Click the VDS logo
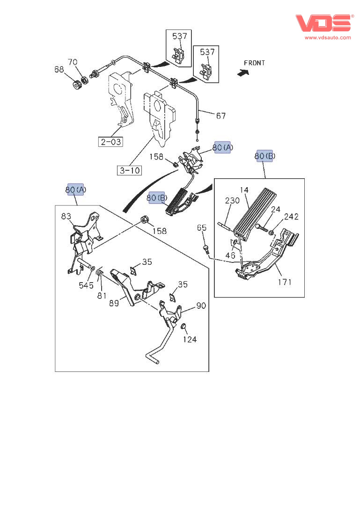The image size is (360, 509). (324, 23)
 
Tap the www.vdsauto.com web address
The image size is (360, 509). (328, 37)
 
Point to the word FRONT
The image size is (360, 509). (254, 63)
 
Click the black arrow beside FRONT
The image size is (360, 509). (243, 72)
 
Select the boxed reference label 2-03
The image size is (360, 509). (111, 142)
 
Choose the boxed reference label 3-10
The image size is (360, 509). (129, 170)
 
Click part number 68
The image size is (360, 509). (59, 69)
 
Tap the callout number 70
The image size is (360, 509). (73, 62)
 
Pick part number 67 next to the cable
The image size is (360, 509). (221, 116)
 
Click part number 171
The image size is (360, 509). (285, 282)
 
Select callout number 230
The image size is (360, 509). (232, 201)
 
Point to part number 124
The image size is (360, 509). (190, 340)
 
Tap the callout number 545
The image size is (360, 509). (86, 285)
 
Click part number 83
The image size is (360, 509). (66, 216)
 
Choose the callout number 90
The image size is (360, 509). (201, 306)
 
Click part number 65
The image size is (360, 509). (202, 228)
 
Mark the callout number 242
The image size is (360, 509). (291, 217)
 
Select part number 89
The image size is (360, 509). (114, 303)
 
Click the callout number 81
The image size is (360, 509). (102, 295)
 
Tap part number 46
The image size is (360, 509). (230, 256)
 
